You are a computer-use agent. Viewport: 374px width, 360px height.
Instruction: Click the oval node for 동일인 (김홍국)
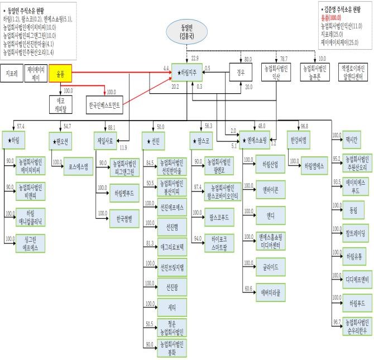point(188,31)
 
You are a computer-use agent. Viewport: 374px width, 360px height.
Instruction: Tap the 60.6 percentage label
point(248,289)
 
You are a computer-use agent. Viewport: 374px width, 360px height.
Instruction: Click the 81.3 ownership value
point(150,242)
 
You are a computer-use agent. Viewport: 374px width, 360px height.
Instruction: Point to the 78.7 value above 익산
point(284,59)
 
